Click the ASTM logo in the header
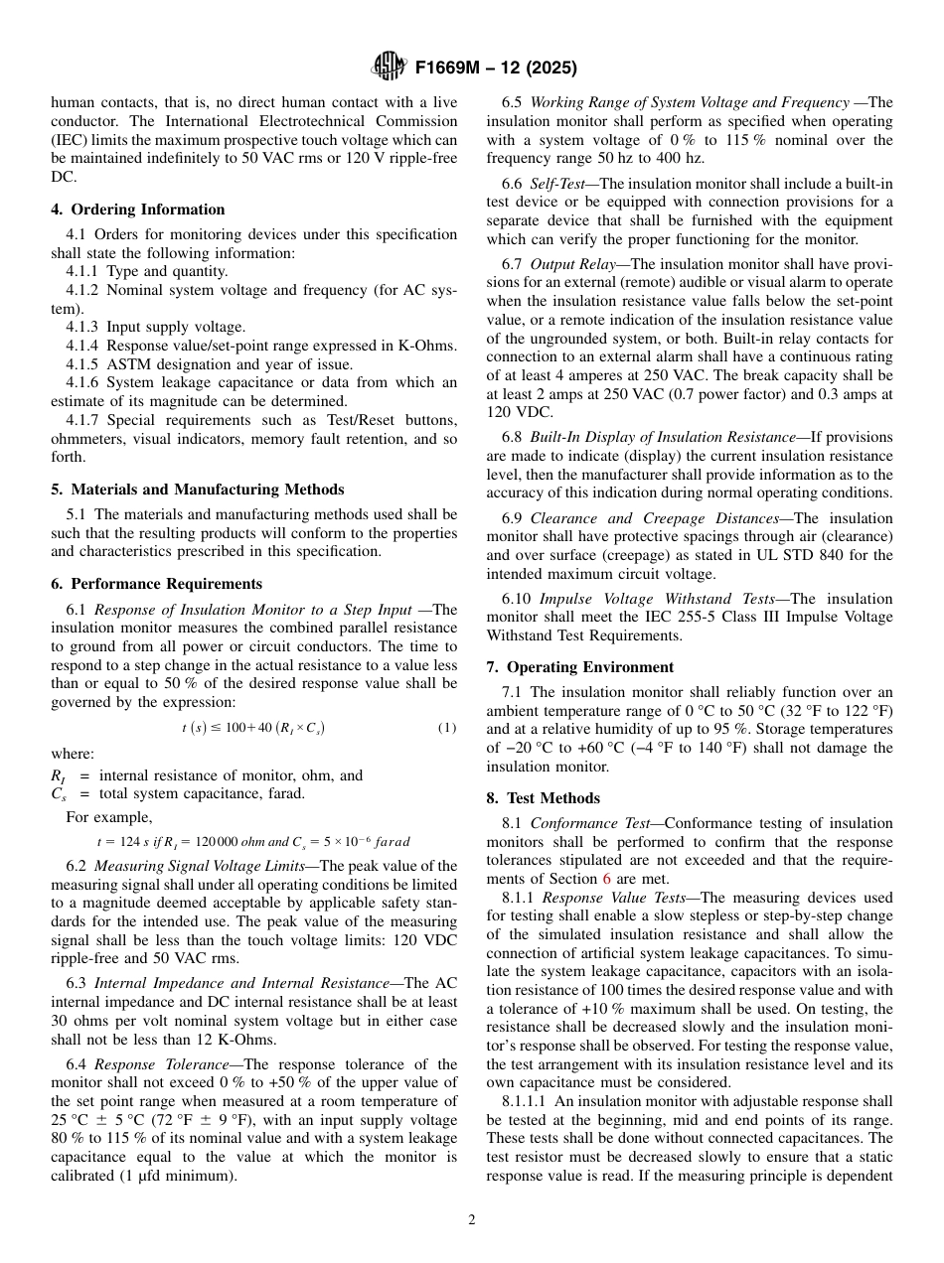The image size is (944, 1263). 388,67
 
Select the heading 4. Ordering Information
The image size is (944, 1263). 138,210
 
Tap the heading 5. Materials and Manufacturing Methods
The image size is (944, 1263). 198,490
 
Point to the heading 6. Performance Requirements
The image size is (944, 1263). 156,584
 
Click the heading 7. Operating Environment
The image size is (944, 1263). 580,667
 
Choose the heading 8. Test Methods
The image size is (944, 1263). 544,798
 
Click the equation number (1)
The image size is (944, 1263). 447,728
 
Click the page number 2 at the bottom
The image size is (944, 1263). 472,1220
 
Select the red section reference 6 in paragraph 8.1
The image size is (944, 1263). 607,879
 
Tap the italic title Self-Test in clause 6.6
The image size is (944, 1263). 560,184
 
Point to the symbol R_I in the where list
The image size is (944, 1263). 59,776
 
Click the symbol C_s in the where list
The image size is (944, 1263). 58,794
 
